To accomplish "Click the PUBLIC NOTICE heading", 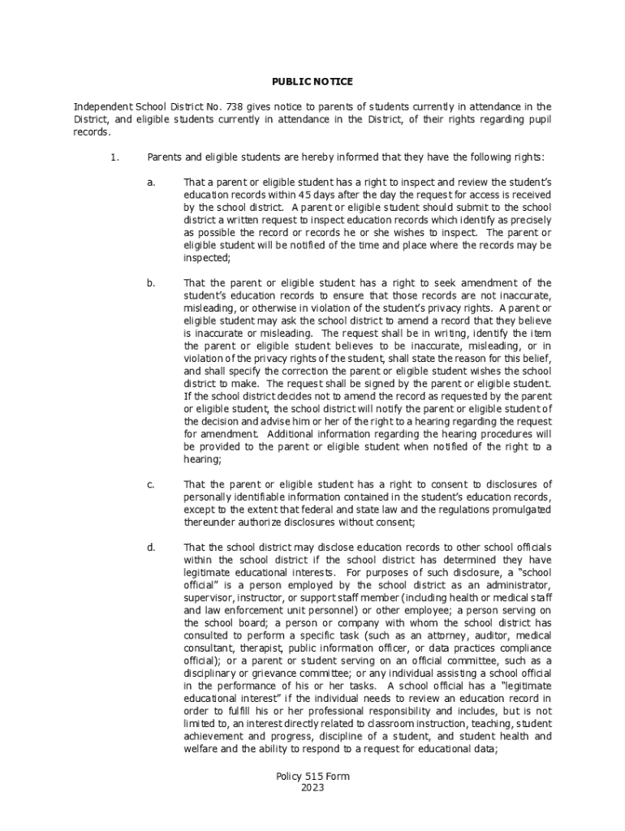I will tap(312, 82).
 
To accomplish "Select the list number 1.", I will tap(114, 157).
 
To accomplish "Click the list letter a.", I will tap(151, 183).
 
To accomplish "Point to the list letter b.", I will tap(151, 283).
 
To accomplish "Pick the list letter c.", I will tap(151, 484).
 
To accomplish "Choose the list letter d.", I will tap(151, 547).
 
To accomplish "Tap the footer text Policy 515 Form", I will tap(312, 777).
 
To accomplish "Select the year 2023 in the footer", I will tap(312, 788).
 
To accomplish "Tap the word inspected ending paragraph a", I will tap(207, 257).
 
